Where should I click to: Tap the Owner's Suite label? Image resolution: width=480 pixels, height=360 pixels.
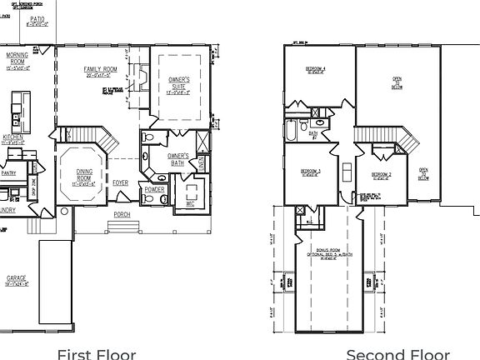[180, 82]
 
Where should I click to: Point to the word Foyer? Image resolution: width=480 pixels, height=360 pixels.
[121, 182]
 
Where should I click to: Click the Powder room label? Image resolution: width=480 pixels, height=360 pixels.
[153, 188]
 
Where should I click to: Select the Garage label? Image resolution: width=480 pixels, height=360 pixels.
[17, 277]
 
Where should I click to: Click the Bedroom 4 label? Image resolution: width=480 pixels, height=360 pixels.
[314, 67]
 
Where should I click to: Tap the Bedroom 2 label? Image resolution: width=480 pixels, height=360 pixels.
[382, 173]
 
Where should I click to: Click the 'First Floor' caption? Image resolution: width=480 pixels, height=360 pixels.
[96, 353]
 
